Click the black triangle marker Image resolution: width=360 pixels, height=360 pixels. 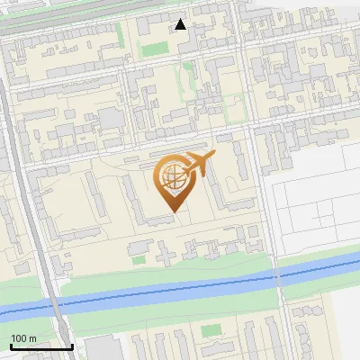pos(181,24)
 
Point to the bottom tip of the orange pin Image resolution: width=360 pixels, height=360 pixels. pos(173,211)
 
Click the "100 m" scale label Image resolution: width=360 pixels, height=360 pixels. pos(23,338)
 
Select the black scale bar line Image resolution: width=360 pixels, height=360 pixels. pos(41,346)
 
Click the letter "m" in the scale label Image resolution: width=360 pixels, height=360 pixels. pos(32,338)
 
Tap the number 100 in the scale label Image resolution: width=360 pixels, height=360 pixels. pos(18,338)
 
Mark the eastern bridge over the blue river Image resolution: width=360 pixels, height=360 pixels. pos(279,277)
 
